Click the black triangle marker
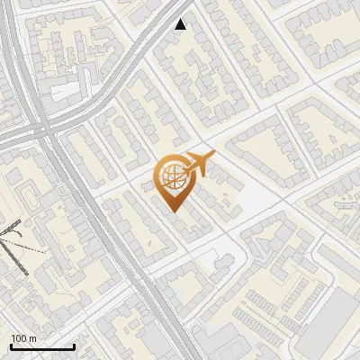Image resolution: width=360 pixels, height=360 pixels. [x=181, y=24]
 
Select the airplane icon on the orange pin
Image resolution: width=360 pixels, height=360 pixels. [x=198, y=164]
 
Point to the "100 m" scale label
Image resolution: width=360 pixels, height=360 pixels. [x=25, y=338]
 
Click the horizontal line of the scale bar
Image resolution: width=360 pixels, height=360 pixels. [x=42, y=346]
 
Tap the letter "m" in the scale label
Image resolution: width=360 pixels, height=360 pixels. [x=34, y=338]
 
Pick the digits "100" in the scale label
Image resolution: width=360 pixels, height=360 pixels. [x=20, y=338]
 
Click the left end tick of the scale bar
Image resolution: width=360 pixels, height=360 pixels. [x=11, y=345]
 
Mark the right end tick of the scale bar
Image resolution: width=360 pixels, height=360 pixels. [x=74, y=345]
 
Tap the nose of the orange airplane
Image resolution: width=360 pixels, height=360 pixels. [x=213, y=155]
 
